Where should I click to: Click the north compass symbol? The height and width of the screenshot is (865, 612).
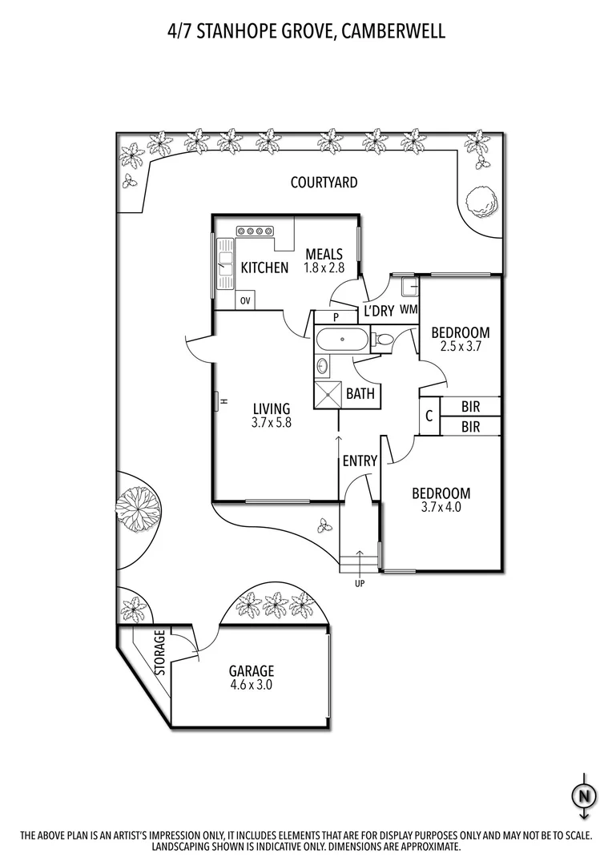584,795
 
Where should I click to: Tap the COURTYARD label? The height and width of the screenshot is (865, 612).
324,183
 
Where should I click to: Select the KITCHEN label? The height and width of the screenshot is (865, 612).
264,268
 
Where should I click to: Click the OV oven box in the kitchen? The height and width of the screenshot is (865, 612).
246,301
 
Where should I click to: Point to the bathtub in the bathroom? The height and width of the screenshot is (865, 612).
341,340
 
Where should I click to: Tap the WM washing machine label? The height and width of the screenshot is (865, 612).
409,309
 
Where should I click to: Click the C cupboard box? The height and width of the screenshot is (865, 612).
429,416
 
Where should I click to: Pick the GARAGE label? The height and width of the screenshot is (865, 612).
252,671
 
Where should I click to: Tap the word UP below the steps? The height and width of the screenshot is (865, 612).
359,583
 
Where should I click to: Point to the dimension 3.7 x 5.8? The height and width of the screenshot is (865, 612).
268,422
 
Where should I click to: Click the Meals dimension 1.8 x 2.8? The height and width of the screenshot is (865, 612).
324,268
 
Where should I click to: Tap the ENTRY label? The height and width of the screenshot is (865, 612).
360,461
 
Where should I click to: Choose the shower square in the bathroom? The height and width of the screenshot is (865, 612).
328,394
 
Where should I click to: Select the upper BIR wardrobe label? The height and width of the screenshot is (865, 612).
471,407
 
